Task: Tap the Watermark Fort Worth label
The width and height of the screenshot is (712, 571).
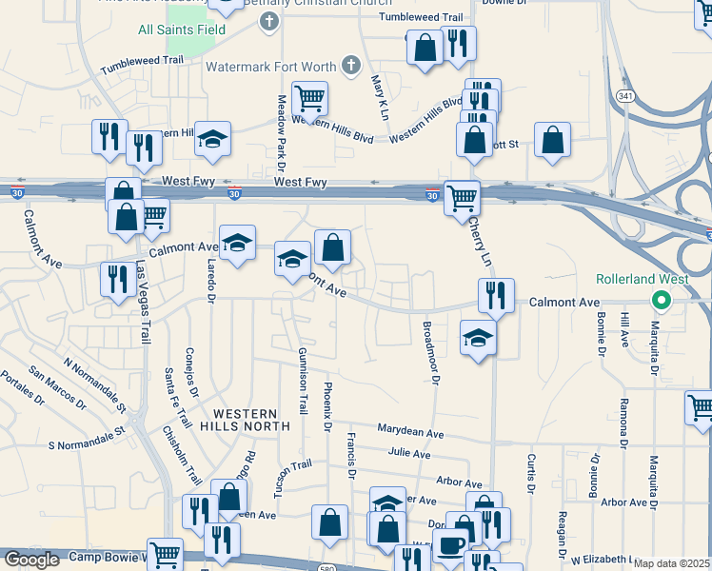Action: pos(270,67)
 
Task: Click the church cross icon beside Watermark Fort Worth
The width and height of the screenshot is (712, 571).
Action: pos(351,66)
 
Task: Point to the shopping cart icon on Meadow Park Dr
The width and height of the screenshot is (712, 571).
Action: pos(309,97)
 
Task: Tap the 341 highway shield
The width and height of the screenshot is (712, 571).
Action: pos(625,95)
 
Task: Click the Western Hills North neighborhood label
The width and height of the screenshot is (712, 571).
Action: pos(250,420)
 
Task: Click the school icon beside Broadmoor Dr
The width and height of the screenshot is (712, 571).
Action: pos(478,337)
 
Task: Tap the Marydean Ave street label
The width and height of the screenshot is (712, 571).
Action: pos(410,432)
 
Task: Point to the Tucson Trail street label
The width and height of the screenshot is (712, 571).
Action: pos(293,478)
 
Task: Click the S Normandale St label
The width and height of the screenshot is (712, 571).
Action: pos(87,440)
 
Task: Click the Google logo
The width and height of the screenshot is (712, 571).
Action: pos(30,560)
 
